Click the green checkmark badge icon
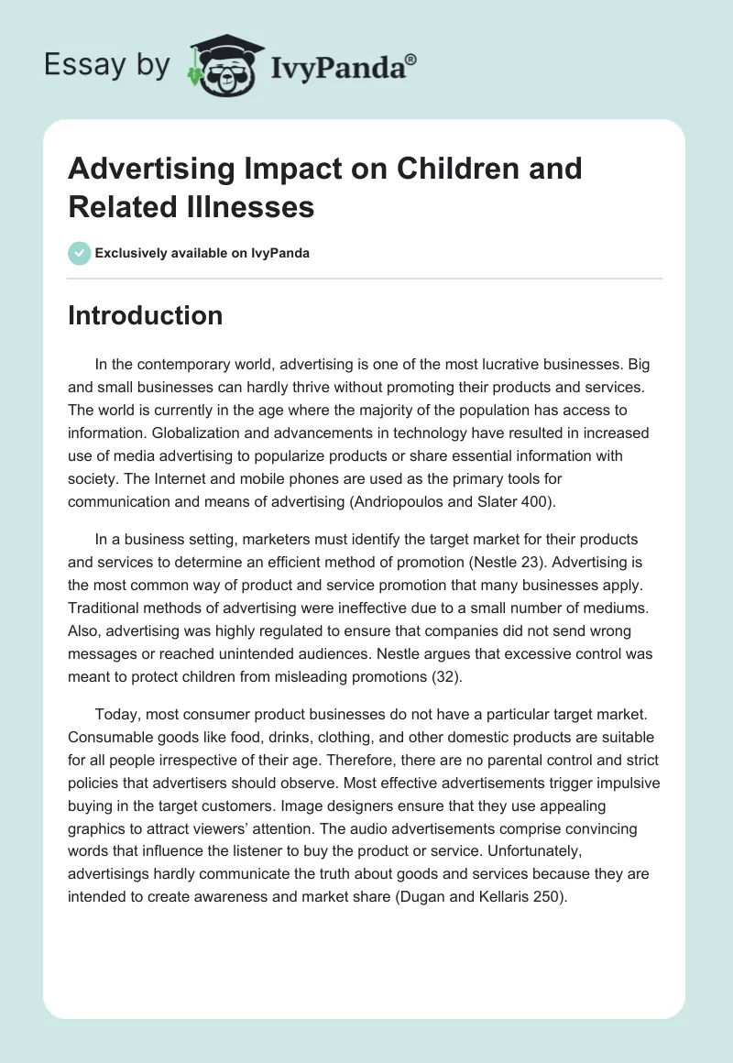(x=80, y=253)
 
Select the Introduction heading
(x=145, y=315)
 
